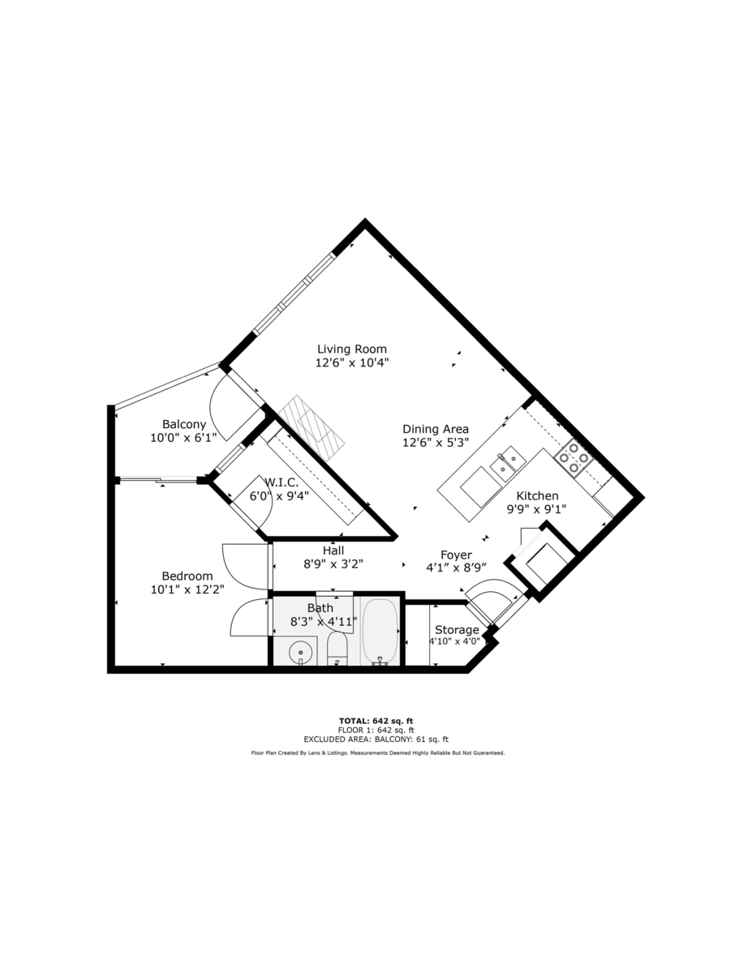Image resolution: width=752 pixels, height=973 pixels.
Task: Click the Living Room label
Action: [351, 349]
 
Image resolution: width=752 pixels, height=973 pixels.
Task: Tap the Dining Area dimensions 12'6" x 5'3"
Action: [436, 443]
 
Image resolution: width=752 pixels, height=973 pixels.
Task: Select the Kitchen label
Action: [537, 495]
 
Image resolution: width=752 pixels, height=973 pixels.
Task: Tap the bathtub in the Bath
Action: [380, 632]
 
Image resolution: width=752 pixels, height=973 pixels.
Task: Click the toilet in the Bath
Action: [337, 649]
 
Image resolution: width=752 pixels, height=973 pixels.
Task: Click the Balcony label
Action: [184, 424]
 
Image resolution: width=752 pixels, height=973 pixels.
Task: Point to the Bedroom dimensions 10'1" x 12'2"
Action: [187, 589]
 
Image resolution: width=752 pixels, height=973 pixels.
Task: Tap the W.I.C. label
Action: [281, 482]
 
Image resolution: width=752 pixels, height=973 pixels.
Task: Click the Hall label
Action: [333, 550]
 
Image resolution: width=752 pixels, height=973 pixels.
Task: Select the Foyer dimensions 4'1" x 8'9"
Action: [456, 568]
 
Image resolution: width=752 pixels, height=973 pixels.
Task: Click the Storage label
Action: [457, 630]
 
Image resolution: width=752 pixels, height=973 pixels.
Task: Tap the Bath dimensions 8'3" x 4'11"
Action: [324, 621]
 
